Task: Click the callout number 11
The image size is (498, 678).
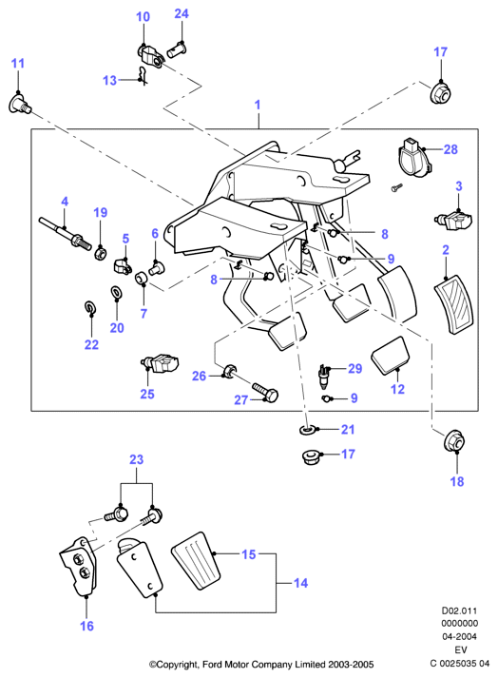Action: [x=18, y=63]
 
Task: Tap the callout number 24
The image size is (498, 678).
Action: [x=182, y=14]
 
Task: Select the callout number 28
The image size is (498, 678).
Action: [x=450, y=149]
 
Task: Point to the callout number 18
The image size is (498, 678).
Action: [x=457, y=482]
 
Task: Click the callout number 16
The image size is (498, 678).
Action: [x=86, y=626]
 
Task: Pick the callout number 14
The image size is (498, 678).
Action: [x=301, y=583]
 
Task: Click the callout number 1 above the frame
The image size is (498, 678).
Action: [x=258, y=105]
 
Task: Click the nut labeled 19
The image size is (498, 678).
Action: [x=101, y=253]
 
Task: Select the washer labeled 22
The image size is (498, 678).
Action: [x=90, y=307]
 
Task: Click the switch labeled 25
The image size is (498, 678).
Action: [x=160, y=363]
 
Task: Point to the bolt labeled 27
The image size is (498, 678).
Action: [x=265, y=391]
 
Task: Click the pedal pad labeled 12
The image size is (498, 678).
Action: [x=391, y=357]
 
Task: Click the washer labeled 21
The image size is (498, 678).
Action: [x=307, y=430]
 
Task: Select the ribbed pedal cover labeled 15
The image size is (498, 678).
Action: [x=197, y=560]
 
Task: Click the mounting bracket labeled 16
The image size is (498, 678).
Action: [x=79, y=567]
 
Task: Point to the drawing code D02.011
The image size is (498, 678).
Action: [x=459, y=611]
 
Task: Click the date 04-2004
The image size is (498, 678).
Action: [x=459, y=636]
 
